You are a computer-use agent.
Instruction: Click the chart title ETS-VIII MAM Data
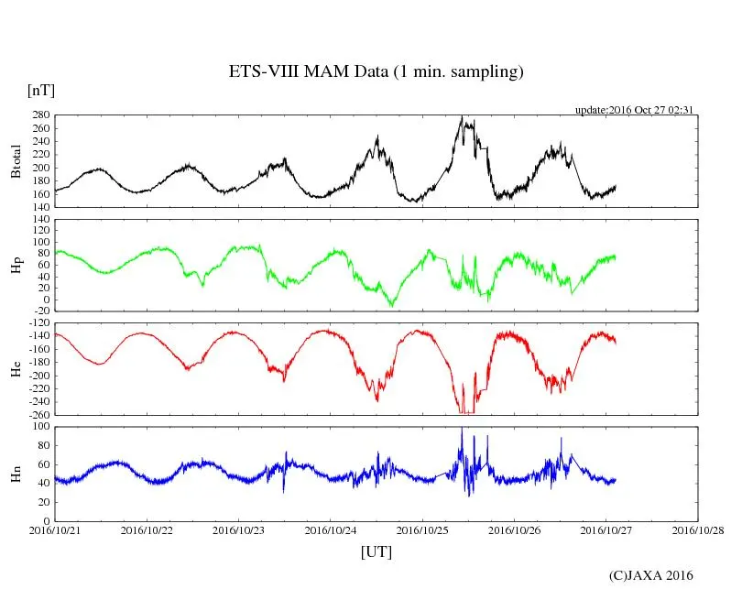point(376,72)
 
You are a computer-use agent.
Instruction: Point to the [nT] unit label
point(40,92)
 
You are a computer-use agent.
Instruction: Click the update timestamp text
point(633,109)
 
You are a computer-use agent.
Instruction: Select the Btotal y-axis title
point(16,161)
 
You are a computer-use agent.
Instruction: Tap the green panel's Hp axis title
point(16,265)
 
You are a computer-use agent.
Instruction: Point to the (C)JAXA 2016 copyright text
point(651,575)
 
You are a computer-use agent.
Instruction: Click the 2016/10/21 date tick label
point(55,529)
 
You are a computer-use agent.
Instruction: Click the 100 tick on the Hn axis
point(41,426)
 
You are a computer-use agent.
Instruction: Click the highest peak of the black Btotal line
point(463,117)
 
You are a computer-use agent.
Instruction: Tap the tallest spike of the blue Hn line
point(462,428)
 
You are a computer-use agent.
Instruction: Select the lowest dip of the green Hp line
point(392,305)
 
